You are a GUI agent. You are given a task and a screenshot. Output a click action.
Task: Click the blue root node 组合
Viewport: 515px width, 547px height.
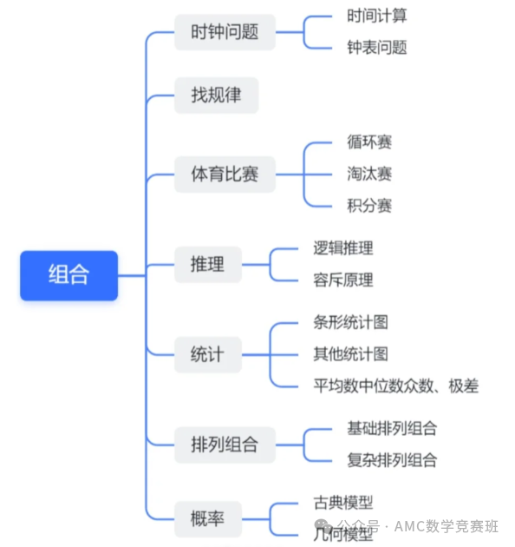pyautogui.click(x=69, y=275)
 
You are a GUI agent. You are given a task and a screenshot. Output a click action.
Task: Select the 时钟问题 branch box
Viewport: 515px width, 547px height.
pyautogui.click(x=225, y=32)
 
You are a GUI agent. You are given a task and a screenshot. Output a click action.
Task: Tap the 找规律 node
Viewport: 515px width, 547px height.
pyautogui.click(x=217, y=96)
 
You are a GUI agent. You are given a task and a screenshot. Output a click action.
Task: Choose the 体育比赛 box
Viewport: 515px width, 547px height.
pyautogui.click(x=225, y=174)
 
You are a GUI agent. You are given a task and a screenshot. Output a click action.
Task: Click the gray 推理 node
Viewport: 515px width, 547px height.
pyautogui.click(x=208, y=264)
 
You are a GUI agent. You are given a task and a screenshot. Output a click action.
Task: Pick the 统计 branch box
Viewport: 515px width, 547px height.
pyautogui.click(x=208, y=354)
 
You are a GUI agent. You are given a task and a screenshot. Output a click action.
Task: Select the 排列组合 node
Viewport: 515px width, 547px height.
pyautogui.click(x=225, y=445)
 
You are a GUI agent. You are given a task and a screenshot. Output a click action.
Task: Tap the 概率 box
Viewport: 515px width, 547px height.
pyautogui.click(x=208, y=518)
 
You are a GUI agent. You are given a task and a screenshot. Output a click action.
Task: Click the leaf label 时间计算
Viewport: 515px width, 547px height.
pyautogui.click(x=376, y=16)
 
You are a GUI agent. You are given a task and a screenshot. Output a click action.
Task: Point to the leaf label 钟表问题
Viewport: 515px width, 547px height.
pyautogui.click(x=376, y=48)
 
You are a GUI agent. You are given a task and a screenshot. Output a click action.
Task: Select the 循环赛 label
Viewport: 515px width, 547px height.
pyautogui.click(x=369, y=142)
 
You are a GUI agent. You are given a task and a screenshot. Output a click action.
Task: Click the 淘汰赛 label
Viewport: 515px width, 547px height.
pyautogui.click(x=369, y=174)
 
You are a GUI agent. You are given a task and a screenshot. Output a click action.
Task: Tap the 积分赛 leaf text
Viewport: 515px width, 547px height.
pyautogui.click(x=369, y=206)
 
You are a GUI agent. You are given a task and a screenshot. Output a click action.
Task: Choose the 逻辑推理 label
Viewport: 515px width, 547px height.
pyautogui.click(x=343, y=248)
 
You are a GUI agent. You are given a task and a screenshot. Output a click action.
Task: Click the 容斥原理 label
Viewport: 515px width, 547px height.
pyautogui.click(x=343, y=280)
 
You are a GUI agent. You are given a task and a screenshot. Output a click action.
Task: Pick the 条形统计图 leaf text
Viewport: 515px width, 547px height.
pyautogui.click(x=350, y=322)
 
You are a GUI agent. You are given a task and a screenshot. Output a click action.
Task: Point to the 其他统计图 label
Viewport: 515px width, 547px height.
pyautogui.click(x=350, y=354)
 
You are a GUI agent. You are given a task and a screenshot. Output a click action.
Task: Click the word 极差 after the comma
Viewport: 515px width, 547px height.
pyautogui.click(x=464, y=386)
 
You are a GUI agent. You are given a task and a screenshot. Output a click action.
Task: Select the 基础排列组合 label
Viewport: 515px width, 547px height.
pyautogui.click(x=392, y=428)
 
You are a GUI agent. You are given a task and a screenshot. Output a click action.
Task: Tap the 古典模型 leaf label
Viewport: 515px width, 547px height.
pyautogui.click(x=343, y=503)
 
